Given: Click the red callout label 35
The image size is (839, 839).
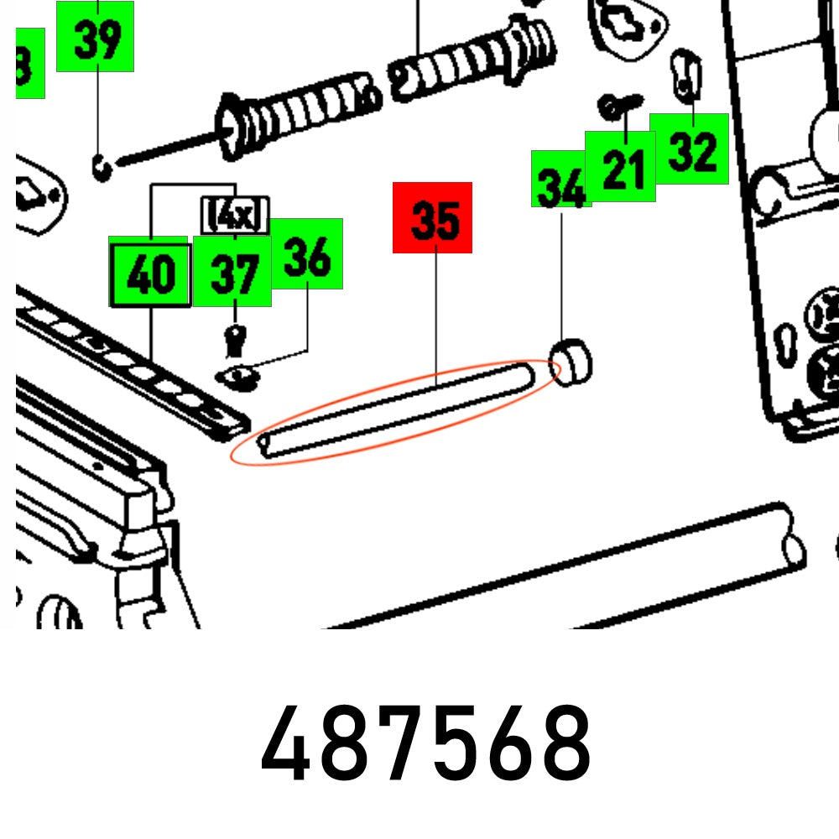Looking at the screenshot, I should (x=432, y=217).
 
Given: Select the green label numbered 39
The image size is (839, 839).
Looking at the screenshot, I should (x=95, y=36).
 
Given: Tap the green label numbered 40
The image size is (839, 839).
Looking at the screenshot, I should (x=149, y=272).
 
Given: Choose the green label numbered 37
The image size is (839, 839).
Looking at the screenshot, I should (x=232, y=272).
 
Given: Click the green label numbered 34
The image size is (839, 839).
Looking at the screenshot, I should (x=560, y=180).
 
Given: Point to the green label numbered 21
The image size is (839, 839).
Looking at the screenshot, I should (x=620, y=166).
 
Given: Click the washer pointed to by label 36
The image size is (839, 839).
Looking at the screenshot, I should (x=237, y=376).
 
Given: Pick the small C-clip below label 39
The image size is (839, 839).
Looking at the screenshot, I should (x=102, y=166).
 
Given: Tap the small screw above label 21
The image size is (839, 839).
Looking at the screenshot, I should (x=619, y=107).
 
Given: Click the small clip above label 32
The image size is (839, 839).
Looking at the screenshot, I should (x=685, y=74).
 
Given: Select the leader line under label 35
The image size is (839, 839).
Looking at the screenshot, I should (x=436, y=319).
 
